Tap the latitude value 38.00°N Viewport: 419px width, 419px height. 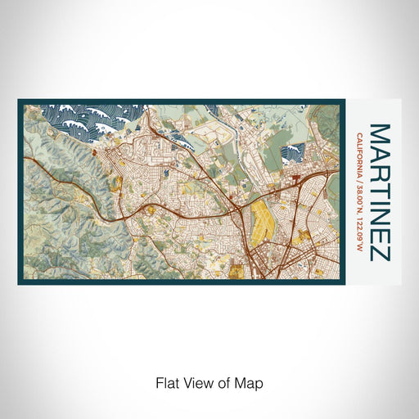click(x=360, y=197)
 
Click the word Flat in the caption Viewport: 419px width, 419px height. click(x=165, y=382)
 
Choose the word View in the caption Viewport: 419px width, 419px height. click(x=196, y=382)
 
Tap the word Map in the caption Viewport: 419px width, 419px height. click(x=252, y=382)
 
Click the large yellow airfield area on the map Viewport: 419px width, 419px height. click(x=264, y=217)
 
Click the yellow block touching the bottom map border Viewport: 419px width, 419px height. click(x=239, y=275)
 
